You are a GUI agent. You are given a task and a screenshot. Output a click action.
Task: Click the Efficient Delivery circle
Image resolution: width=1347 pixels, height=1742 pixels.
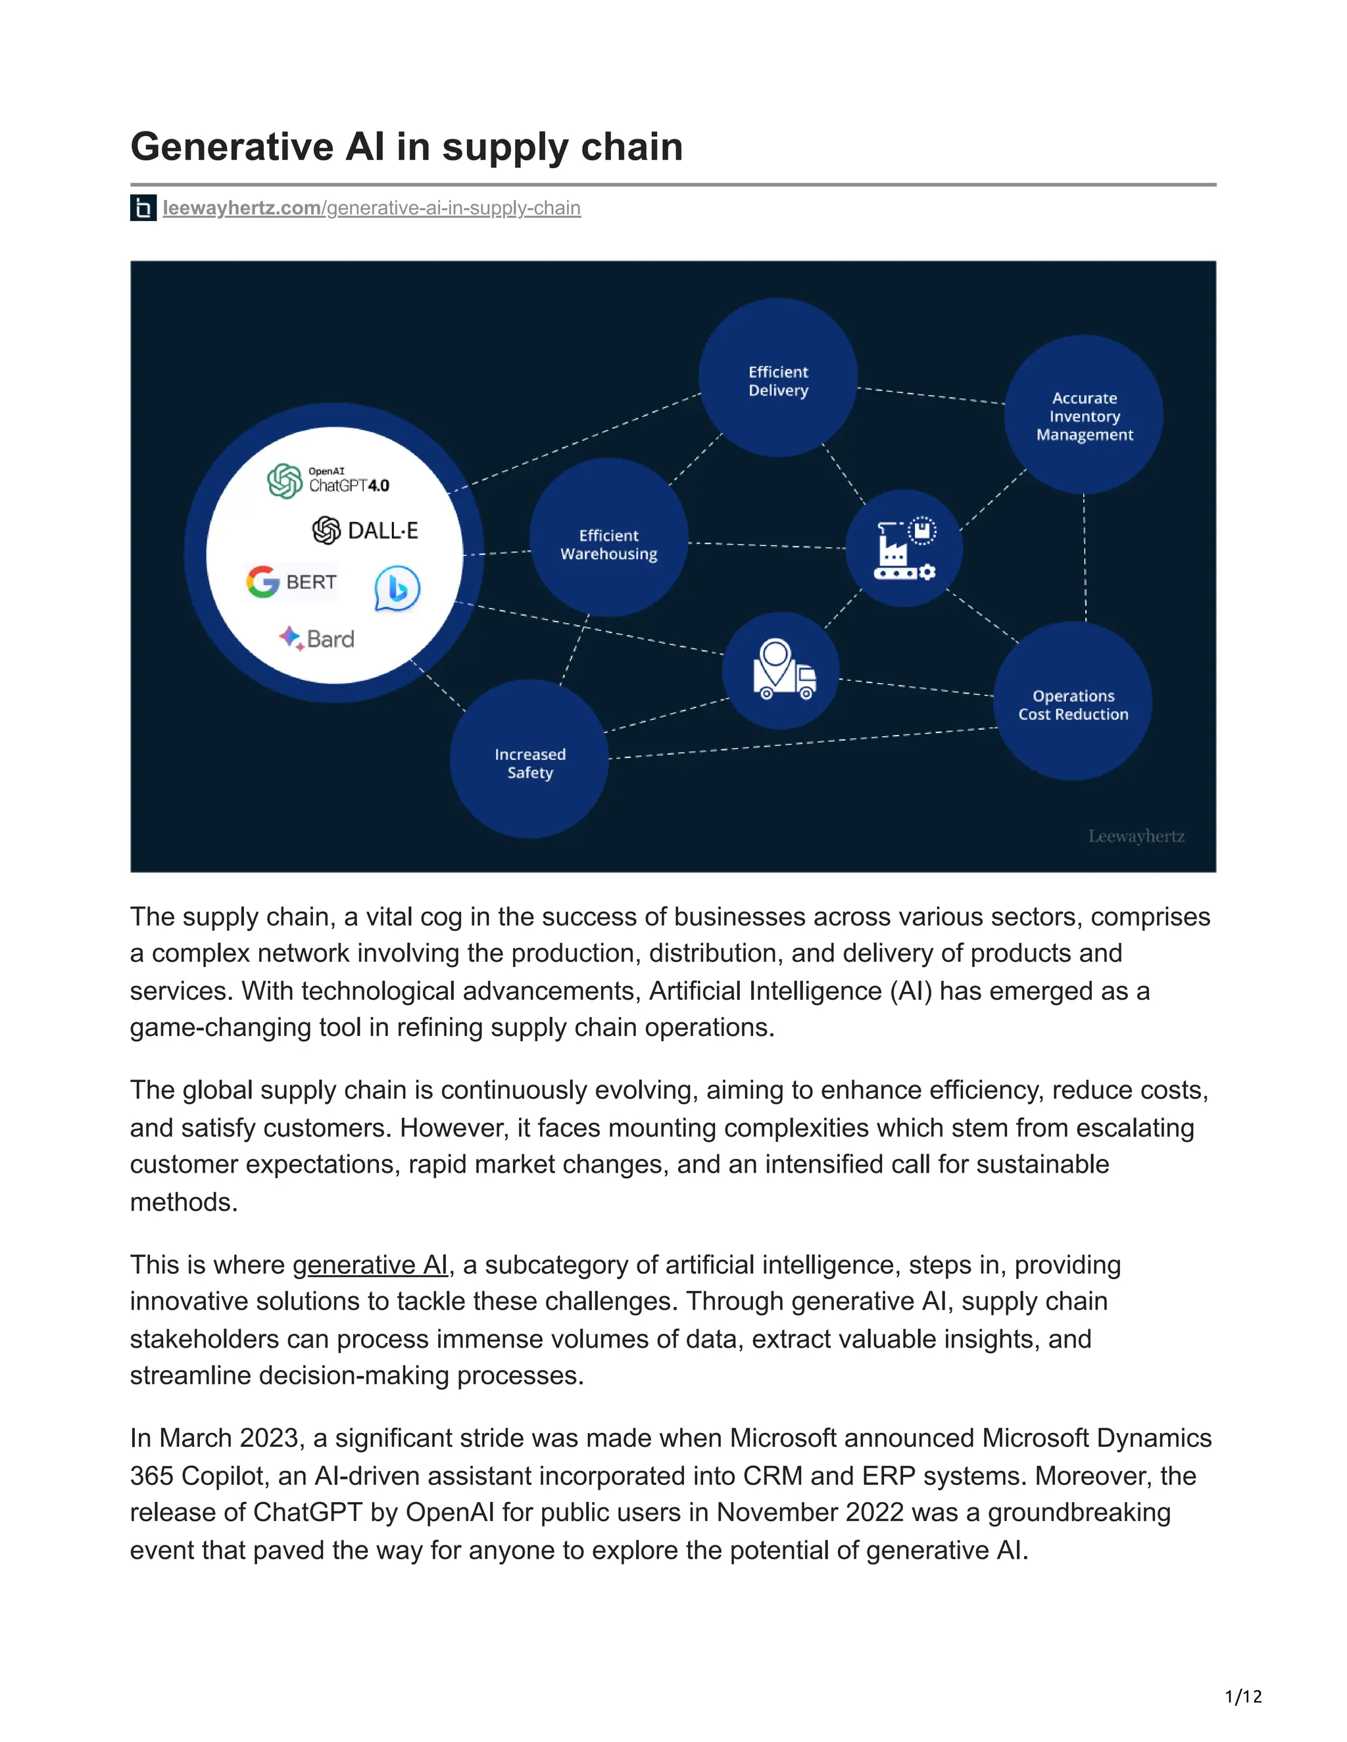pyautogui.click(x=778, y=378)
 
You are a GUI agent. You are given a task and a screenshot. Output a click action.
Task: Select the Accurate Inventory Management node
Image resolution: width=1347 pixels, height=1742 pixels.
pyautogui.click(x=1084, y=415)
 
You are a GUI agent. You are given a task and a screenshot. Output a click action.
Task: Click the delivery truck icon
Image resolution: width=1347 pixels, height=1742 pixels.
pyautogui.click(x=782, y=670)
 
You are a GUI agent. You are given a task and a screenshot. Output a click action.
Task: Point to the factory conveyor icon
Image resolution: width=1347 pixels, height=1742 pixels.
pyautogui.click(x=904, y=549)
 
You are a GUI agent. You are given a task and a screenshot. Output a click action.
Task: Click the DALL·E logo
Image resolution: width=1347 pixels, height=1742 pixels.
pyautogui.click(x=366, y=530)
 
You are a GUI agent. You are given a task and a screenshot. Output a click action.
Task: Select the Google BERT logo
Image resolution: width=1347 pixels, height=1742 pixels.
pyautogui.click(x=291, y=582)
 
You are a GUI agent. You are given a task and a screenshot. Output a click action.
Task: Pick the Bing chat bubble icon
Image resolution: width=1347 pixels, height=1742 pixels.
pyautogui.click(x=397, y=588)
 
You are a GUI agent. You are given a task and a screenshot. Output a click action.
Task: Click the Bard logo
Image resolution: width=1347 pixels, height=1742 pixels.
pyautogui.click(x=317, y=639)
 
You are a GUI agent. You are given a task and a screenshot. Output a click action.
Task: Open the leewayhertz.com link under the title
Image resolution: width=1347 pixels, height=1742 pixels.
pyautogui.click(x=371, y=208)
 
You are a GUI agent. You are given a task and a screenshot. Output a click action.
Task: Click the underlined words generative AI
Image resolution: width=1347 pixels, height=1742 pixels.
pyautogui.click(x=370, y=1265)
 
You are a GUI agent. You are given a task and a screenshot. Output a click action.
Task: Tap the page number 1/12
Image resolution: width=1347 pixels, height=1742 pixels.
pyautogui.click(x=1243, y=1697)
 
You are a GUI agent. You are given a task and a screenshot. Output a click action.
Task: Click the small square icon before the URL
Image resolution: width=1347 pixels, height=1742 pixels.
pyautogui.click(x=143, y=208)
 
